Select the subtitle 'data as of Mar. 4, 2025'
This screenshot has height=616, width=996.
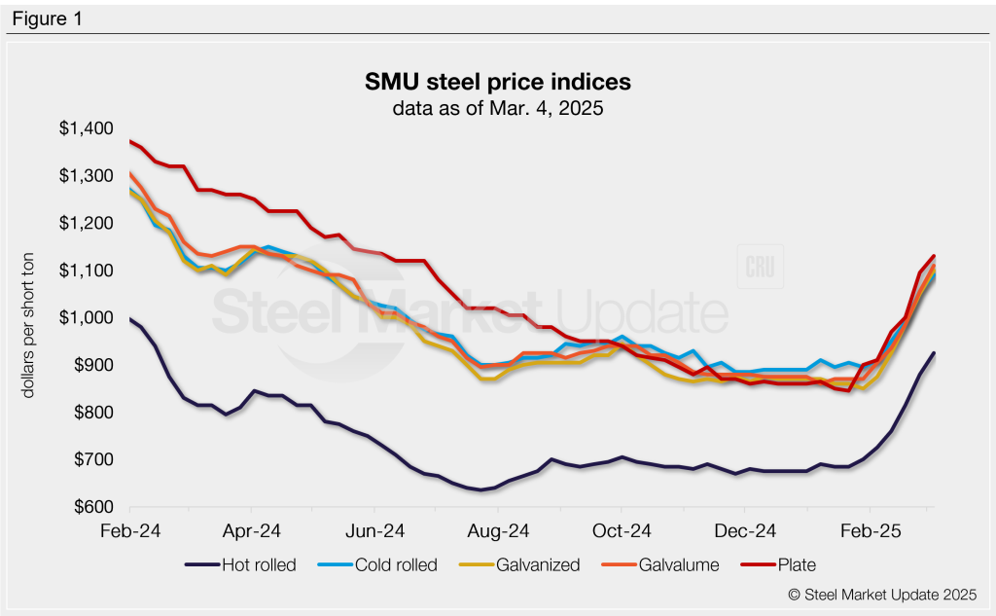498,108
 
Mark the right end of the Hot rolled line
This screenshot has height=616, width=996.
934,353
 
